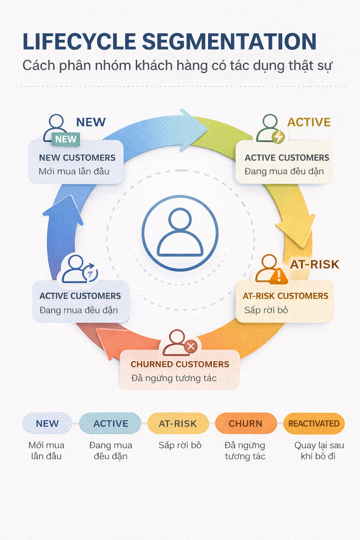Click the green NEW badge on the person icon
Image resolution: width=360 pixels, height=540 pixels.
[66, 139]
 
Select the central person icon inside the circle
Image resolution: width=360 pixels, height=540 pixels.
[180, 233]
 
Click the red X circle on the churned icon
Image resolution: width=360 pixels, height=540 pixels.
[191, 346]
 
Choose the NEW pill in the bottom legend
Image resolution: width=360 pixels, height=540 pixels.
[47, 424]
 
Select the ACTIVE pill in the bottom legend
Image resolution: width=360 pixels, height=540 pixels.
[110, 424]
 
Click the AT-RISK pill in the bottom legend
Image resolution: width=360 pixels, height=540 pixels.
[178, 424]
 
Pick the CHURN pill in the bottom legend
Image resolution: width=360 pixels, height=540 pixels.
[245, 424]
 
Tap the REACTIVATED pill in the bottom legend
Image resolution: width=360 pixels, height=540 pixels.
[314, 424]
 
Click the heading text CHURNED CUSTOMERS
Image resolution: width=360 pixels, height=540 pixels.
[180, 364]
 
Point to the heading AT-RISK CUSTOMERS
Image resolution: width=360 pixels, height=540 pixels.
[285, 296]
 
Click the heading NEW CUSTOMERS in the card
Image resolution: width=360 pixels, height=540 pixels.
[77, 157]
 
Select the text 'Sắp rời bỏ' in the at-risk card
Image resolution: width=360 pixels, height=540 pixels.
[266, 310]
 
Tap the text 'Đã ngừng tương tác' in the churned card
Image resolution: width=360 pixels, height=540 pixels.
[174, 378]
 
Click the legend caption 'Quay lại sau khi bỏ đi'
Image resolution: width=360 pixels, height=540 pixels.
[319, 451]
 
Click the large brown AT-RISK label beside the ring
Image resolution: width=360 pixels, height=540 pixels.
[314, 264]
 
